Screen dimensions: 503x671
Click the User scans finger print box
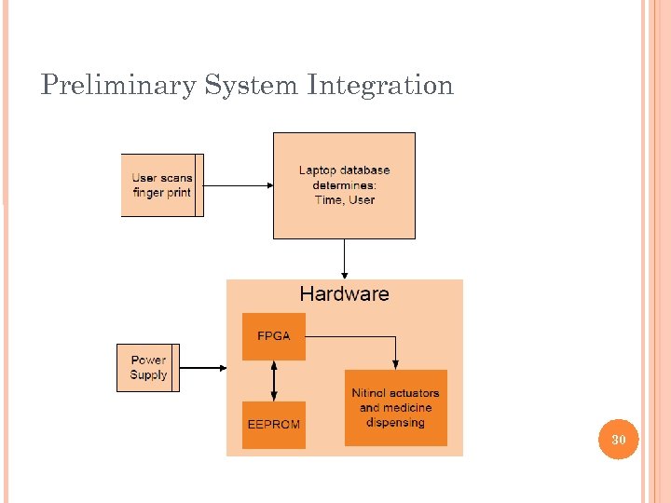(x=162, y=185)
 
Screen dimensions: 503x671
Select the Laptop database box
(x=344, y=185)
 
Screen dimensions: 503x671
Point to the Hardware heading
(x=344, y=294)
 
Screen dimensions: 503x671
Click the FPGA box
(x=273, y=336)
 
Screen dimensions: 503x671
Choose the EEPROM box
(x=273, y=425)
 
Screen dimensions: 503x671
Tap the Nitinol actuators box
(x=395, y=408)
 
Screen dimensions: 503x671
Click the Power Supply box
(x=148, y=368)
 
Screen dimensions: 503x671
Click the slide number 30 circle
(x=618, y=439)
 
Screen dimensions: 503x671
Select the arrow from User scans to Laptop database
(x=238, y=185)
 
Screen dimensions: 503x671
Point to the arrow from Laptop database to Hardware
(x=344, y=258)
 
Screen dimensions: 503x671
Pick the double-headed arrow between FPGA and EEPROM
(x=273, y=381)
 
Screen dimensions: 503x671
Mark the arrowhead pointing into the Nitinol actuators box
(x=395, y=364)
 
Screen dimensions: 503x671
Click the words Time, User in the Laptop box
(x=344, y=200)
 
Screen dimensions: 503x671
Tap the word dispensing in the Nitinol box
(x=395, y=423)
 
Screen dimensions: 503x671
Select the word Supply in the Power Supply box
(x=148, y=375)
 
